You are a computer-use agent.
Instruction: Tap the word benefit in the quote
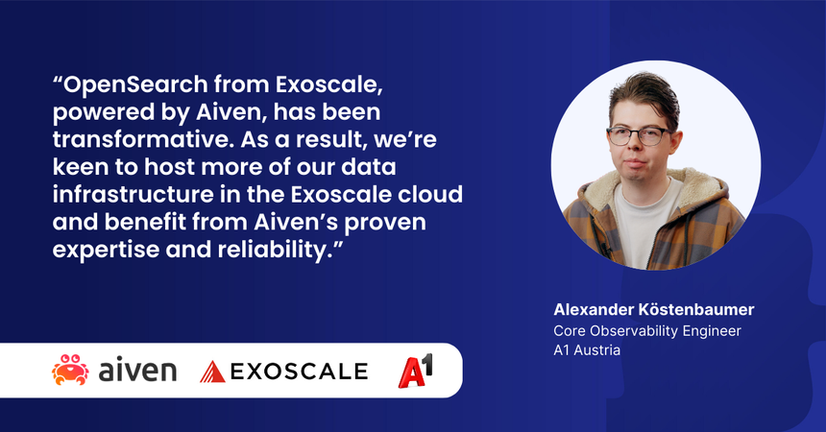click(144, 224)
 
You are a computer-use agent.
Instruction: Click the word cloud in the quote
click(430, 195)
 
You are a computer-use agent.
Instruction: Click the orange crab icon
click(69, 370)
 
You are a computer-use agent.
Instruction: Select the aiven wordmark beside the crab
click(137, 371)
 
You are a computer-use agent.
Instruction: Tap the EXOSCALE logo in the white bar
click(283, 371)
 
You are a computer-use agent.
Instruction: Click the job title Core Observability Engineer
click(648, 330)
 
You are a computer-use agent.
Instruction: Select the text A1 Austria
click(587, 350)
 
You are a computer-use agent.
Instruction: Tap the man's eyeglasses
click(639, 134)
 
